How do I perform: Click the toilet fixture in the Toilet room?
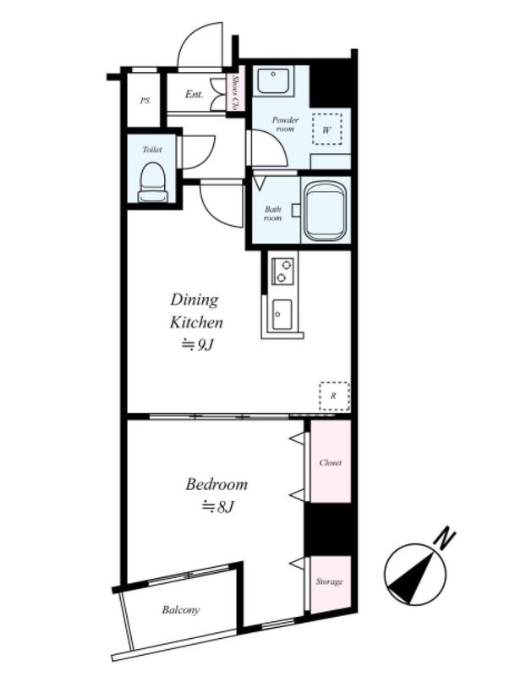(x=153, y=182)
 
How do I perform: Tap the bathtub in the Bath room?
(x=326, y=212)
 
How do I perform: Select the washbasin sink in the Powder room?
(x=273, y=80)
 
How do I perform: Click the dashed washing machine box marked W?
(x=327, y=129)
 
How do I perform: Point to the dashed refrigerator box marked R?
(x=334, y=396)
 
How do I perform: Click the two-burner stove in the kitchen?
(x=282, y=271)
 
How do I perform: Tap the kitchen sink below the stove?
(x=282, y=314)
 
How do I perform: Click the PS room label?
(x=145, y=101)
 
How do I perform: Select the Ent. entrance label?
(x=194, y=94)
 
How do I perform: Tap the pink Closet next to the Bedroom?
(x=331, y=461)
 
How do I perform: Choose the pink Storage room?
(x=331, y=583)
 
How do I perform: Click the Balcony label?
(x=181, y=610)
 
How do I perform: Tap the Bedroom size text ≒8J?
(x=217, y=506)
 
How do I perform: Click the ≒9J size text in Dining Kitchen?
(x=197, y=345)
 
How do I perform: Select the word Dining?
(x=195, y=300)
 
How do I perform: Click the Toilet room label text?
(x=152, y=150)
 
